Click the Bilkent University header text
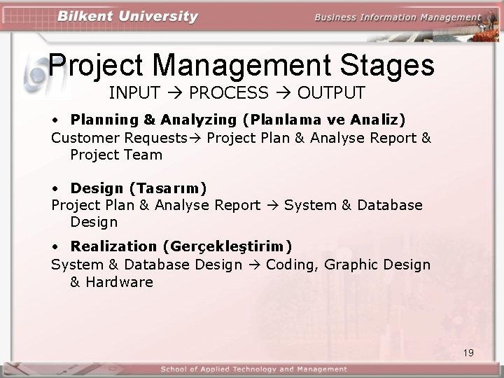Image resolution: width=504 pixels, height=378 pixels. (x=127, y=17)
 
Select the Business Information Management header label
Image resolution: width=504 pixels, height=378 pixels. (x=398, y=17)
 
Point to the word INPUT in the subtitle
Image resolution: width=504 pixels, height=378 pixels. (x=134, y=92)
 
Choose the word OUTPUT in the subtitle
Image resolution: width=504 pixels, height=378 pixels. (x=331, y=92)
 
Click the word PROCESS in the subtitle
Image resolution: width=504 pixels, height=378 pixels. (x=228, y=92)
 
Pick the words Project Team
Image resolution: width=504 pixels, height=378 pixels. (x=115, y=155)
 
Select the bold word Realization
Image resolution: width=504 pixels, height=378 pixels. (x=113, y=246)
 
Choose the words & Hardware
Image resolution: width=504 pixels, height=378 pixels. (x=111, y=282)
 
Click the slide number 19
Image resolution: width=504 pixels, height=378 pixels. (x=468, y=353)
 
